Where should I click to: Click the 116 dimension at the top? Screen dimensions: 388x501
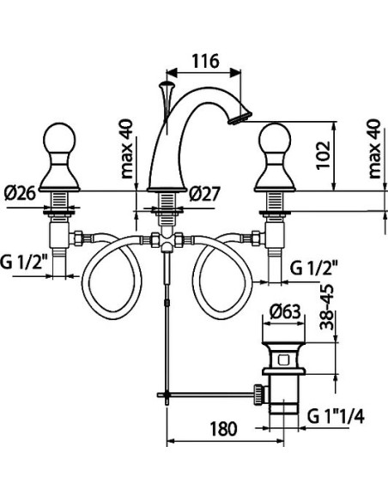point(205,61)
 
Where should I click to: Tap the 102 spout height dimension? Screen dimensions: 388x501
point(323,155)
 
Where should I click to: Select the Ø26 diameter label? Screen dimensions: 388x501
point(20,193)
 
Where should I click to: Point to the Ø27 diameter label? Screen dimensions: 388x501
point(205,194)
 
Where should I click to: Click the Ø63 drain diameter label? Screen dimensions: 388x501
point(285,311)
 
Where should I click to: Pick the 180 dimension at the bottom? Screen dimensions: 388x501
point(224,429)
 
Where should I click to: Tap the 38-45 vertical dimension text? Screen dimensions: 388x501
point(327,307)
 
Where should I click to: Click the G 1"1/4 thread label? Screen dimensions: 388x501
point(336,417)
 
